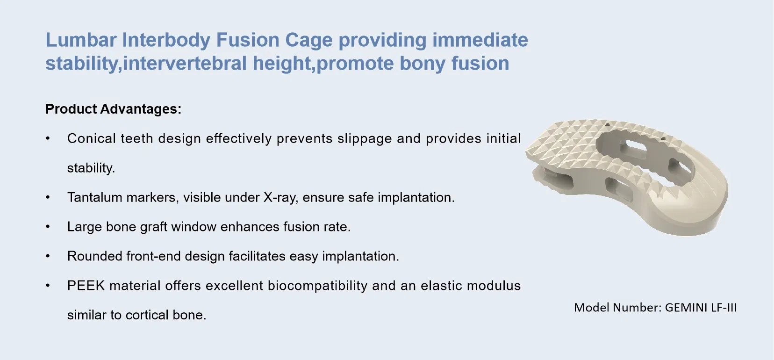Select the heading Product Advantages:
[x=113, y=109]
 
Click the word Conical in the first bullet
[x=91, y=139]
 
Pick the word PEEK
[x=86, y=286]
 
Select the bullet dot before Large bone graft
[x=48, y=227]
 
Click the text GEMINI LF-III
[x=701, y=308]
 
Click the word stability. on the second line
[x=91, y=168]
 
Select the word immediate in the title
[x=480, y=40]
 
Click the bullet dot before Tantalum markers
[x=48, y=198]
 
